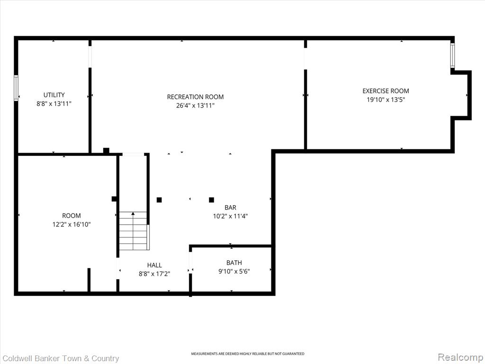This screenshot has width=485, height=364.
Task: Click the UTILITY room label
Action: pyautogui.click(x=54, y=95)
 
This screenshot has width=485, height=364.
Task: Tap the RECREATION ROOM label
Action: pyautogui.click(x=195, y=97)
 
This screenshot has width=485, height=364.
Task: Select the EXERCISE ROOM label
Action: pyautogui.click(x=386, y=91)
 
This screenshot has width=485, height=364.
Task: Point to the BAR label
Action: pyautogui.click(x=230, y=208)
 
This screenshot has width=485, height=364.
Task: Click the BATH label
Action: pyautogui.click(x=234, y=263)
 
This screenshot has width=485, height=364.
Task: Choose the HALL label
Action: pyautogui.click(x=154, y=265)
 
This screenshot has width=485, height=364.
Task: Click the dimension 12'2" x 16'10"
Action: pyautogui.click(x=72, y=225)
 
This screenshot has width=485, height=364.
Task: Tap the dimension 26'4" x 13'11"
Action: pyautogui.click(x=195, y=106)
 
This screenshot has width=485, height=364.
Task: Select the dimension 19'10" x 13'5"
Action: pyautogui.click(x=386, y=100)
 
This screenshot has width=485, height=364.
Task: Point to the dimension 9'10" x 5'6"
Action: pyautogui.click(x=234, y=272)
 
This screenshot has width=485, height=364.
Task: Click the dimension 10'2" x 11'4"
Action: pyautogui.click(x=230, y=216)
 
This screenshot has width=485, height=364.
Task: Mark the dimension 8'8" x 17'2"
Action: pyautogui.click(x=154, y=274)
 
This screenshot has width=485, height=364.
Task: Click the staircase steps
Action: pyautogui.click(x=133, y=231)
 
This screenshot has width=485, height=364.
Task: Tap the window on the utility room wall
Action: pyautogui.click(x=16, y=88)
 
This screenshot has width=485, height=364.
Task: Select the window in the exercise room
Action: pyautogui.click(x=452, y=55)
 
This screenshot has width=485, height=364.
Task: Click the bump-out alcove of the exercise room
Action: pyautogui.click(x=461, y=95)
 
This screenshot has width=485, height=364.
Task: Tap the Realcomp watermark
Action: pyautogui.click(x=459, y=357)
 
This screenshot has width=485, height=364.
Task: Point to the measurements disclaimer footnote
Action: pyautogui.click(x=247, y=354)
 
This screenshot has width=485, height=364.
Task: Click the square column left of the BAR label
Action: pyautogui.click(x=211, y=200)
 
